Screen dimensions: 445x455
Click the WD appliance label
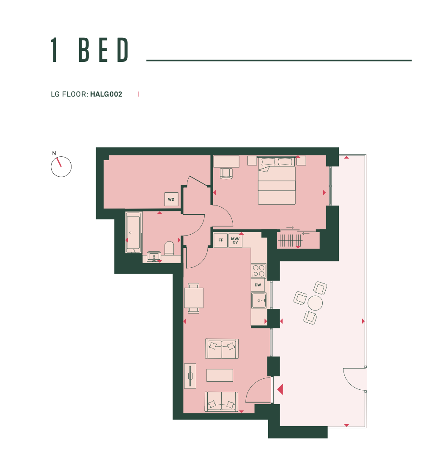click(171, 200)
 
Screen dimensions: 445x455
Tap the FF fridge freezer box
click(220, 240)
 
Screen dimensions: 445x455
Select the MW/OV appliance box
click(235, 240)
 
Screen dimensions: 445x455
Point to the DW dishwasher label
click(258, 285)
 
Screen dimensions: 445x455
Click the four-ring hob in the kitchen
click(259, 271)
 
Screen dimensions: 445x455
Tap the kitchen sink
click(259, 300)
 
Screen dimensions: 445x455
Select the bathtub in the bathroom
click(134, 233)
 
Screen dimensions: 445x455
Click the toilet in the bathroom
click(169, 248)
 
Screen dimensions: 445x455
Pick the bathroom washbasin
click(154, 256)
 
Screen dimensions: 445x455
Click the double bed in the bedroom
click(277, 180)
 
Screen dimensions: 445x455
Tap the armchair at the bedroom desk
click(226, 173)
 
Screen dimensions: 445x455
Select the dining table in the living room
click(194, 298)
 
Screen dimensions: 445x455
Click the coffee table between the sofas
click(220, 375)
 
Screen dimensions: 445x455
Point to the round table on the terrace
click(315, 303)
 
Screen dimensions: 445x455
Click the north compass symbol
click(61, 166)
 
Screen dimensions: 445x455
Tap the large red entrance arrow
click(280, 389)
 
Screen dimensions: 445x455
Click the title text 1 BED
click(90, 50)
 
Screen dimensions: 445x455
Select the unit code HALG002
click(106, 94)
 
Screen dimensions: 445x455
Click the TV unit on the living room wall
click(190, 376)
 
